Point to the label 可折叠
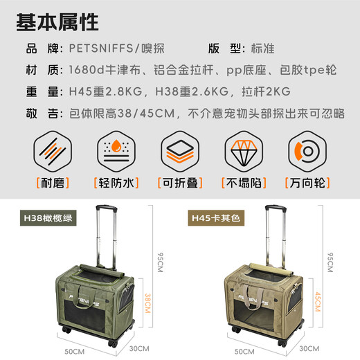(179, 183)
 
